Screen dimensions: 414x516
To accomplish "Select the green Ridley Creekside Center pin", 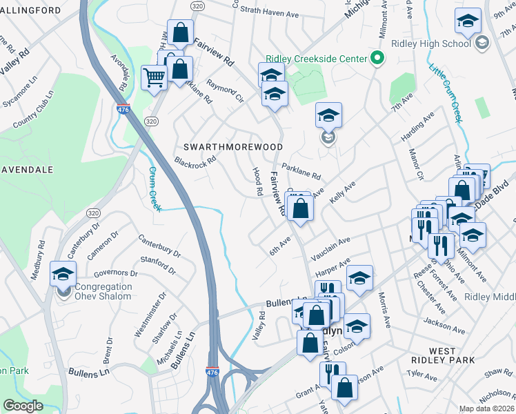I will (x=377, y=59).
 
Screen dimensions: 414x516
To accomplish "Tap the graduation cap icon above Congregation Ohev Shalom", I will (x=63, y=274).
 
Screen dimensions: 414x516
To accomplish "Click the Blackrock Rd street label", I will (x=195, y=162).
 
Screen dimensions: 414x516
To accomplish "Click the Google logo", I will (x=23, y=406).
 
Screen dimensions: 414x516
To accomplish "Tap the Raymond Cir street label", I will (x=226, y=94).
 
